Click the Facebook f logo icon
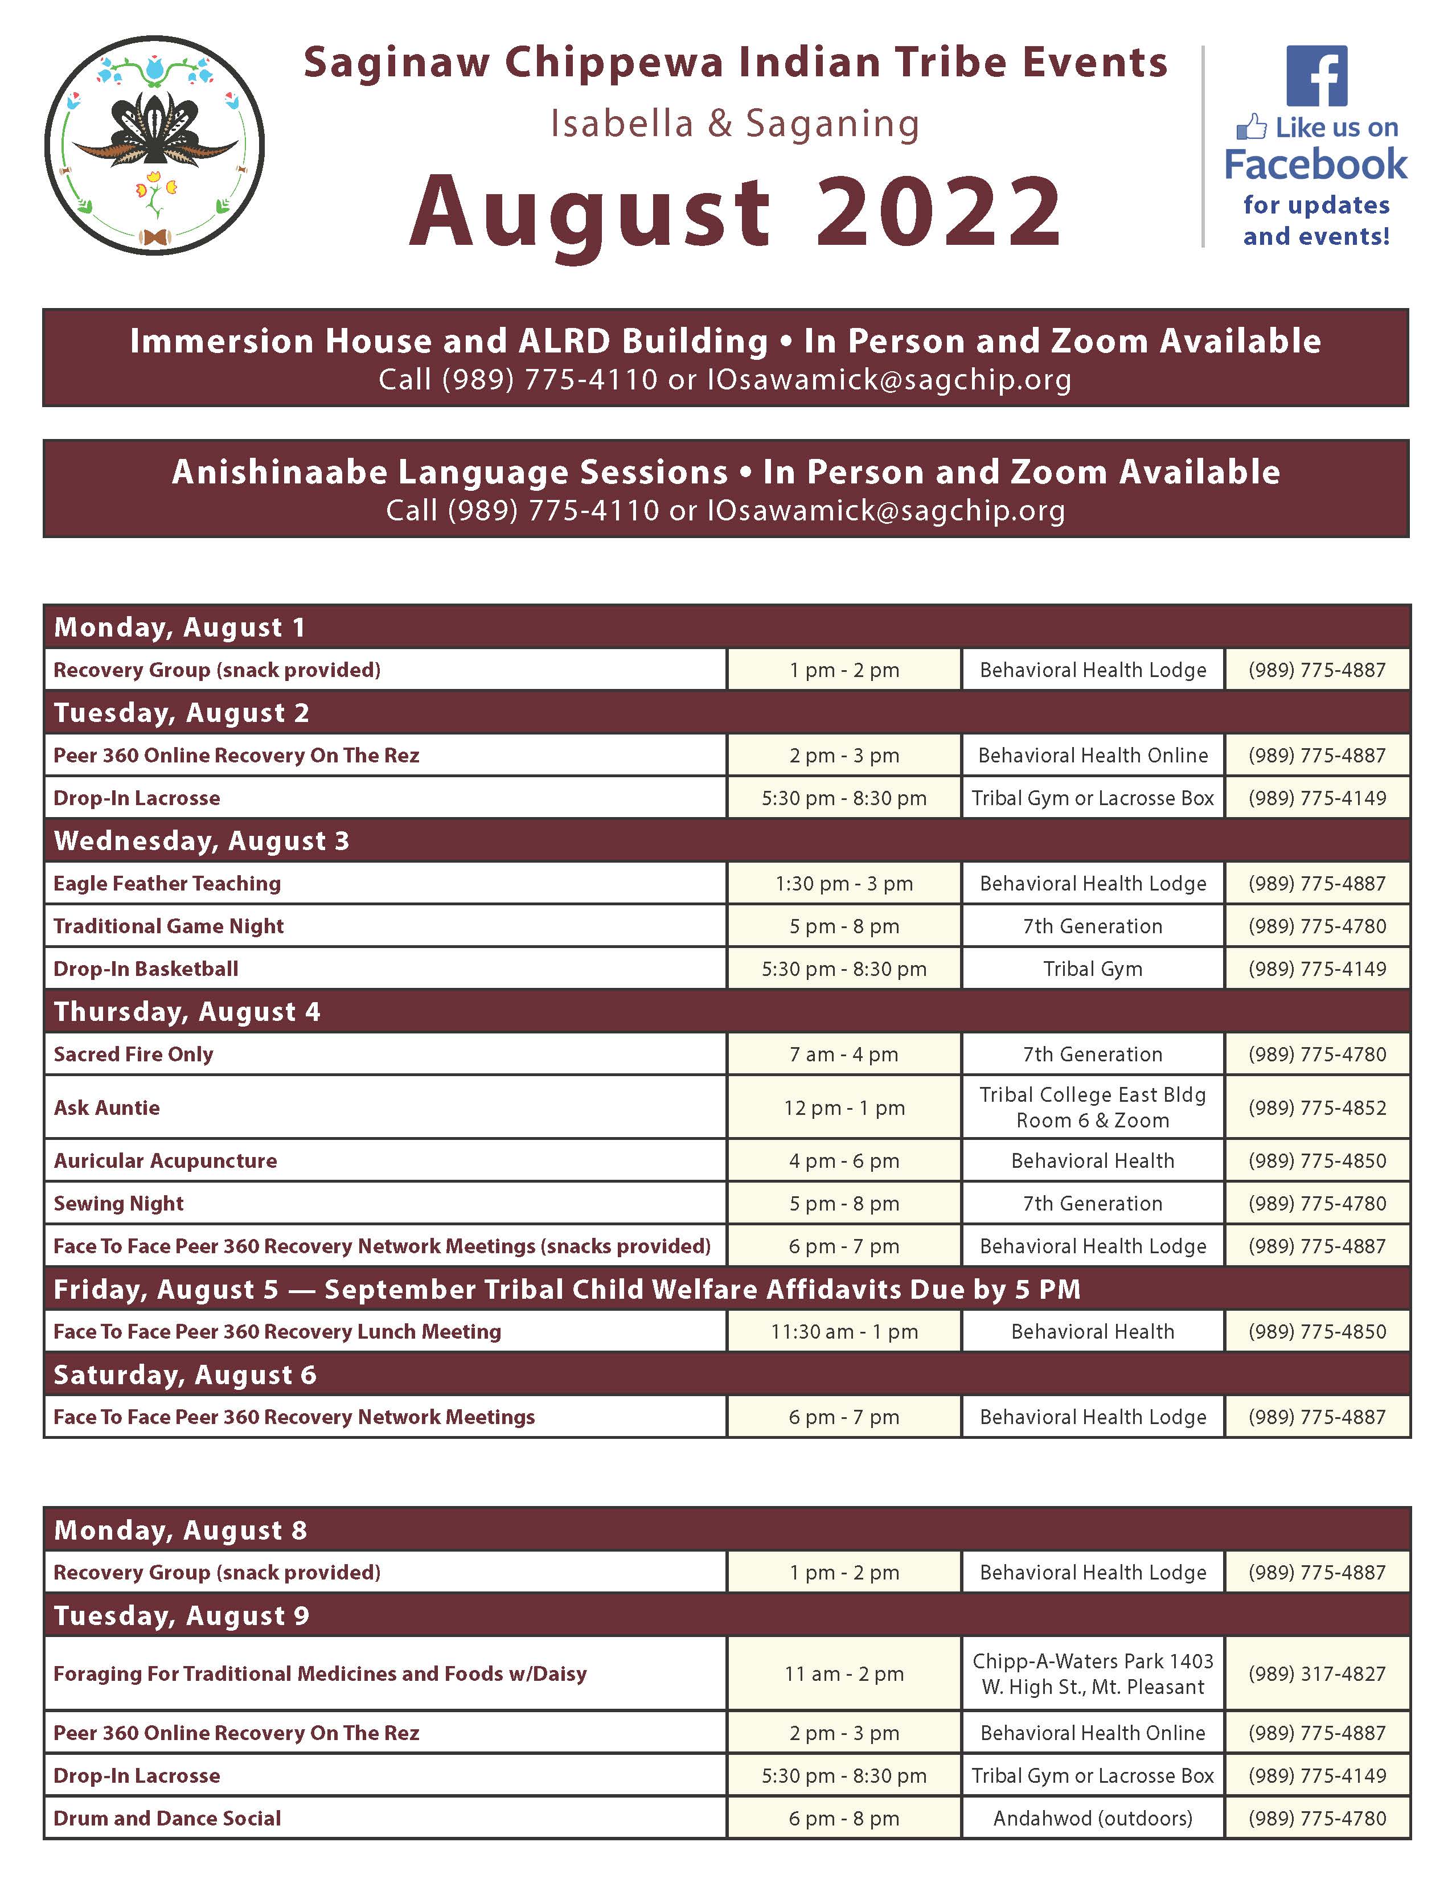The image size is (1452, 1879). pos(1316,76)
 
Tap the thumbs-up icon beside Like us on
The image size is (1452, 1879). pos(1252,128)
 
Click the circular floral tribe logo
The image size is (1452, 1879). pos(155,145)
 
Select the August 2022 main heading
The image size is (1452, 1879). pos(736,211)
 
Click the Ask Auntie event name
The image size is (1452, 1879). pos(106,1107)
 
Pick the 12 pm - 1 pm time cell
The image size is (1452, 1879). pos(844,1107)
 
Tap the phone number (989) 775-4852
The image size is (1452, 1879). pos(1317,1107)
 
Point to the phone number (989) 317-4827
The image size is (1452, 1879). pos(1317,1673)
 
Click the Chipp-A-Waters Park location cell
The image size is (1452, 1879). pos(1093,1673)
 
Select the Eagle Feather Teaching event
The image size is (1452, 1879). pos(167,884)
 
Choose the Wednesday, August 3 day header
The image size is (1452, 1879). pos(201,840)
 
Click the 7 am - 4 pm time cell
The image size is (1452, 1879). pos(844,1054)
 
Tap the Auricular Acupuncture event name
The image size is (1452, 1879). pos(165,1160)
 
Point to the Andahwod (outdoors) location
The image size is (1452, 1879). pos(1093,1818)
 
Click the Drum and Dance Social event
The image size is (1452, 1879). pos(167,1818)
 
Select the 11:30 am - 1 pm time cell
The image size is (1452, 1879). pos(844,1332)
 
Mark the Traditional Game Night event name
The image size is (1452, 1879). pos(169,926)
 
